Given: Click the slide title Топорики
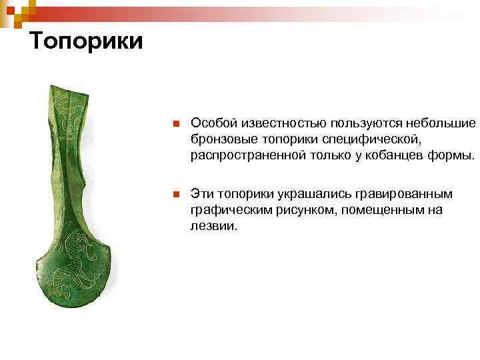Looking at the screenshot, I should click(x=87, y=41).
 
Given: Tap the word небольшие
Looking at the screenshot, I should click(x=445, y=123).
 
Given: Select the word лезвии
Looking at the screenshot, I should click(x=213, y=226).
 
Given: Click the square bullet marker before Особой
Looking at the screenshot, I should click(x=174, y=124).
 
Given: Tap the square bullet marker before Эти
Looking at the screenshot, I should click(x=174, y=195).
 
